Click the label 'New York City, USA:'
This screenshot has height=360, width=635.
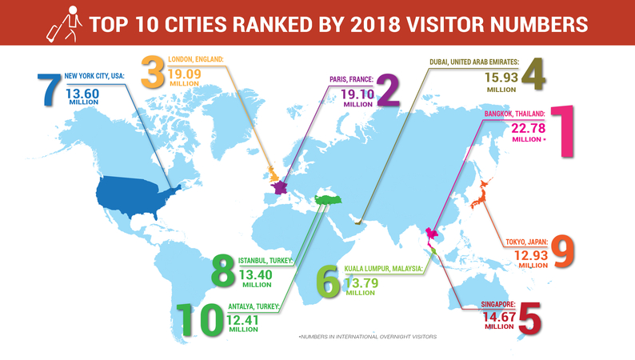coord(94,75)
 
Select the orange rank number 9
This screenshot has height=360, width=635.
coord(565,251)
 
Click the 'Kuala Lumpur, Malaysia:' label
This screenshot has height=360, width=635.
coord(381,270)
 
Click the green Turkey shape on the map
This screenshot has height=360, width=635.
coord(328,199)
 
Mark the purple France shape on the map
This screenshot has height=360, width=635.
coord(280,186)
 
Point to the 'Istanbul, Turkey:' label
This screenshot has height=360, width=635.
coord(267,260)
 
